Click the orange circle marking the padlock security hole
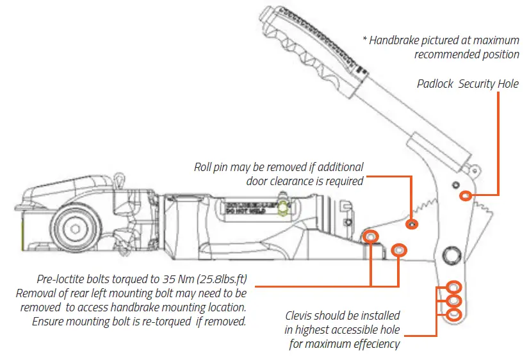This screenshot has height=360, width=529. tap(468, 196)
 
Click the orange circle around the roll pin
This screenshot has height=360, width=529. tap(412, 224)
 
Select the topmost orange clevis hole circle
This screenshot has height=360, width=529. tap(453, 287)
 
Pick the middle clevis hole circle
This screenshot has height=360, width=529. tap(453, 300)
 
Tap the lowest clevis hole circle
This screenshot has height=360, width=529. tap(453, 315)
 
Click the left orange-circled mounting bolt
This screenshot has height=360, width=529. tap(370, 237)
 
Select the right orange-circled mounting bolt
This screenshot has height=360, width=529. tap(398, 249)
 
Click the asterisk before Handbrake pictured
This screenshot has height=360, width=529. tap(366, 40)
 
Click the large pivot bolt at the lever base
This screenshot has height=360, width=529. tap(452, 255)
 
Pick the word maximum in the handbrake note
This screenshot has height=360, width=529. tap(492, 40)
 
